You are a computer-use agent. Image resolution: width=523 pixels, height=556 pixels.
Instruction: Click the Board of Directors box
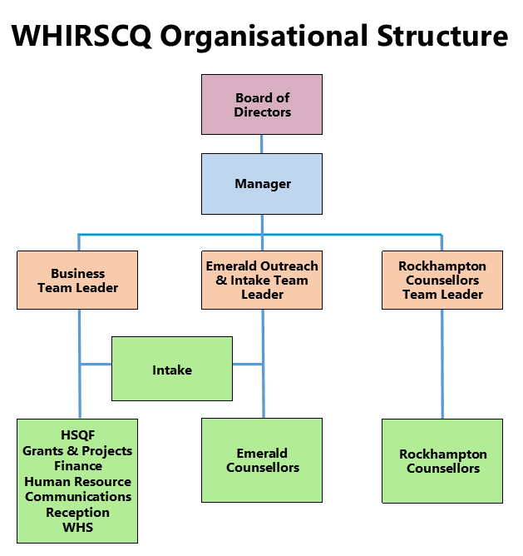tap(262, 104)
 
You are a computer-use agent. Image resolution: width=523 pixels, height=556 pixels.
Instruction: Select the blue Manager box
tap(262, 183)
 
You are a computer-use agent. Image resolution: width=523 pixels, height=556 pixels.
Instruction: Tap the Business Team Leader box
tap(77, 280)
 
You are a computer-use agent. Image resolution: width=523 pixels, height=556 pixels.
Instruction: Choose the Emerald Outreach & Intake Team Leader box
tap(262, 280)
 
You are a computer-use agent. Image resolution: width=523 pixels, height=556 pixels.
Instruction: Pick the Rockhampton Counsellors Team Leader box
tap(442, 280)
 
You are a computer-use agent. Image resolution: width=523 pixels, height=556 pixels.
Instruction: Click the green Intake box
tap(172, 369)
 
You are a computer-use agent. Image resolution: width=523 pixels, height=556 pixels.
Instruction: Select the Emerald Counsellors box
tap(262, 459)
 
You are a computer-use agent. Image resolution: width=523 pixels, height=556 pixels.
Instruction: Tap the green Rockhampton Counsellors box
tap(442, 460)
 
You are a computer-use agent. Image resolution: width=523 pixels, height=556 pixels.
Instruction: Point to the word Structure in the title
tap(442, 36)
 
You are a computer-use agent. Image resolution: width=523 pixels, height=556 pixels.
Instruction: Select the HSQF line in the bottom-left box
tap(77, 435)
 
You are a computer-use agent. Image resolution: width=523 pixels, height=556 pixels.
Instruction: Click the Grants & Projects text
tap(77, 450)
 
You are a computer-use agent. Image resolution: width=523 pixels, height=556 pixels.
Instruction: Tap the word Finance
tap(77, 466)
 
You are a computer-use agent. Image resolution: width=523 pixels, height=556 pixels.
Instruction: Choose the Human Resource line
tap(77, 481)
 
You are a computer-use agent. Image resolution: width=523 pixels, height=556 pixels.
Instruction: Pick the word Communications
tap(77, 496)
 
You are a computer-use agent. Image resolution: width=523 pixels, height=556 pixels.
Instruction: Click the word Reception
tap(77, 512)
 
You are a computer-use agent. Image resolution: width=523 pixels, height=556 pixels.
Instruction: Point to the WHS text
tap(77, 527)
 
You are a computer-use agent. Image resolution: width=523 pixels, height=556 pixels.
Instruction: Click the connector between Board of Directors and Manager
tap(262, 143)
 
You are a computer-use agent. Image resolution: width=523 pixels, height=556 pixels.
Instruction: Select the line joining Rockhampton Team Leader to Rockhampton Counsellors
tap(442, 364)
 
